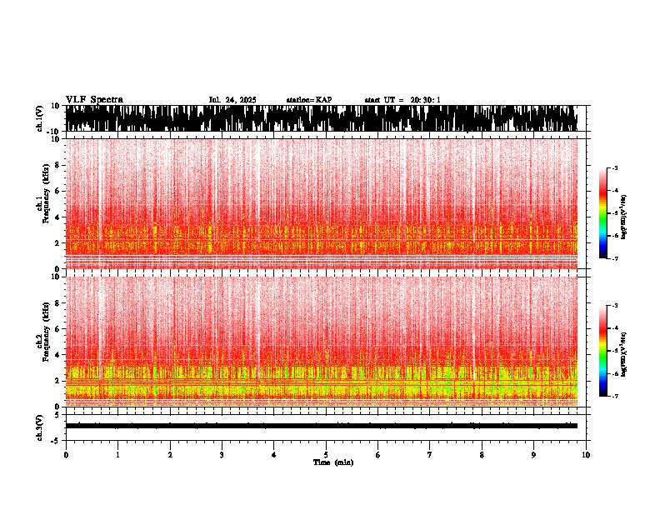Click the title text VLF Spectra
[94, 100]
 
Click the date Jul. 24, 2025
[232, 100]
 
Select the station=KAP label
[308, 100]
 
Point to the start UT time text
[402, 100]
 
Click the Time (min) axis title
[332, 462]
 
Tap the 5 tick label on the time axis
[326, 455]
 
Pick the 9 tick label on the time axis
[534, 455]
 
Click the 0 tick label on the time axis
[66, 455]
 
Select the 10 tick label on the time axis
[586, 455]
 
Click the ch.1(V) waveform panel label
[40, 119]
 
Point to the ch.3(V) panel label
[40, 425]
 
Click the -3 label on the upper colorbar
[614, 169]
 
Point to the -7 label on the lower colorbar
[614, 396]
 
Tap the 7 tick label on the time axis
[430, 455]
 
